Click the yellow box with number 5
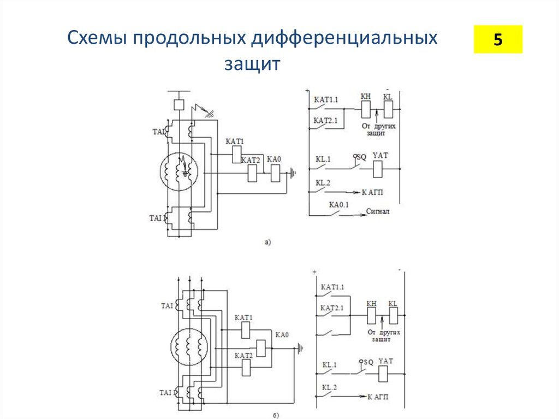497,39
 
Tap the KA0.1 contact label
338,205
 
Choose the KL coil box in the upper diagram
388,110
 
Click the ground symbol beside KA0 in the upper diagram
294,174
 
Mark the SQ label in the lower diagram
367,362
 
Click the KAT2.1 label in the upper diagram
326,120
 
